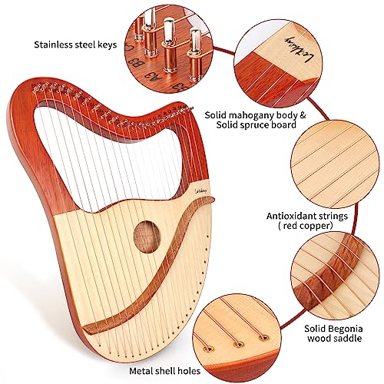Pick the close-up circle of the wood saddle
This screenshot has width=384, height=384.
tap(330, 257)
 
